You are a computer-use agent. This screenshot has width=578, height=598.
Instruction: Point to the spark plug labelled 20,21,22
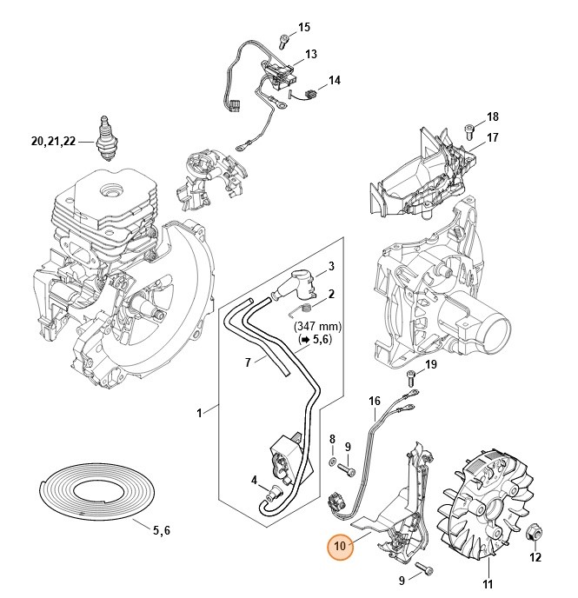[110, 138]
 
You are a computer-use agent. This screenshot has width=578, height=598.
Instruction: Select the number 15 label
[304, 28]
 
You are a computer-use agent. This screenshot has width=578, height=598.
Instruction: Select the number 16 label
[375, 401]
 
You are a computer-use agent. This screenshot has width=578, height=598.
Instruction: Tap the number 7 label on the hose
[224, 360]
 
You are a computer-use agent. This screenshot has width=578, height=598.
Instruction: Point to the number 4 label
[253, 480]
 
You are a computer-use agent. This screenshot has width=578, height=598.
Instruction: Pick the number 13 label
[310, 54]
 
